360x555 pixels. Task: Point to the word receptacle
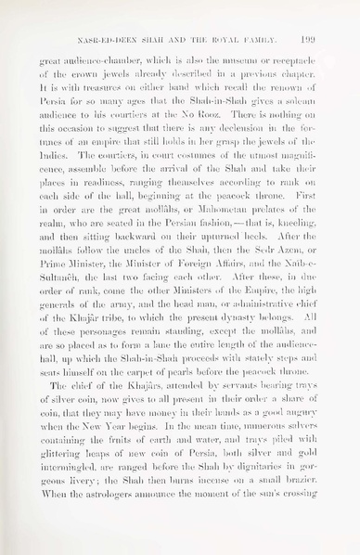click(x=296, y=62)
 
